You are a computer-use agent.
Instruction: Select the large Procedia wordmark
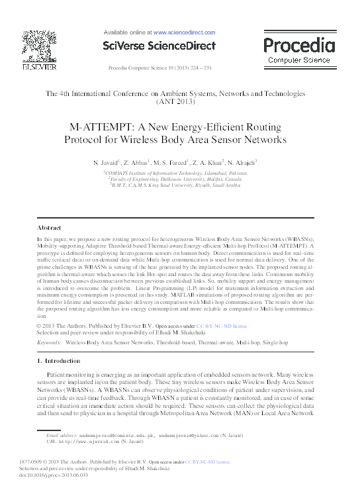tap(299, 45)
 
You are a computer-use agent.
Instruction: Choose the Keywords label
tap(50, 342)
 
